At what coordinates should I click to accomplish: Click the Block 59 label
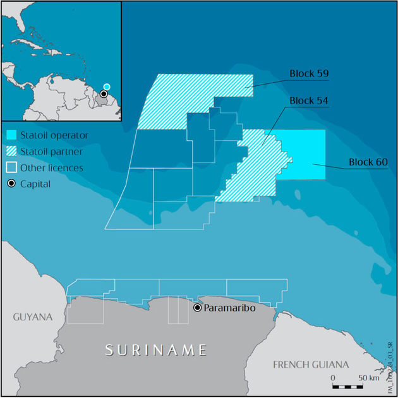[x=310, y=73]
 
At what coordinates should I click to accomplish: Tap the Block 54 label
[x=310, y=101]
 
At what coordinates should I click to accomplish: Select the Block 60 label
[x=368, y=162]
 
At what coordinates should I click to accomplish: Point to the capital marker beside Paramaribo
[x=198, y=308]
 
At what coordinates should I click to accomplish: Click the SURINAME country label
[x=156, y=349]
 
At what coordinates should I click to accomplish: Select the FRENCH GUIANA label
[x=310, y=365]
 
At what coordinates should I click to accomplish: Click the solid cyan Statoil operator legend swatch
[x=11, y=135]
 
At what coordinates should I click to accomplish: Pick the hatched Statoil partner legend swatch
[x=11, y=152]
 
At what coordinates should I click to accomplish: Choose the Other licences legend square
[x=11, y=168]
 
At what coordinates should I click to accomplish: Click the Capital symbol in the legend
[x=11, y=184]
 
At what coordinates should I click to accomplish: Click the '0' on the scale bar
[x=333, y=378]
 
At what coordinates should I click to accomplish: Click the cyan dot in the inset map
[x=107, y=87]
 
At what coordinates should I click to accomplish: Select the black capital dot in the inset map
[x=103, y=94]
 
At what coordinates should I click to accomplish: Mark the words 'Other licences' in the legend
[x=51, y=168]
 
